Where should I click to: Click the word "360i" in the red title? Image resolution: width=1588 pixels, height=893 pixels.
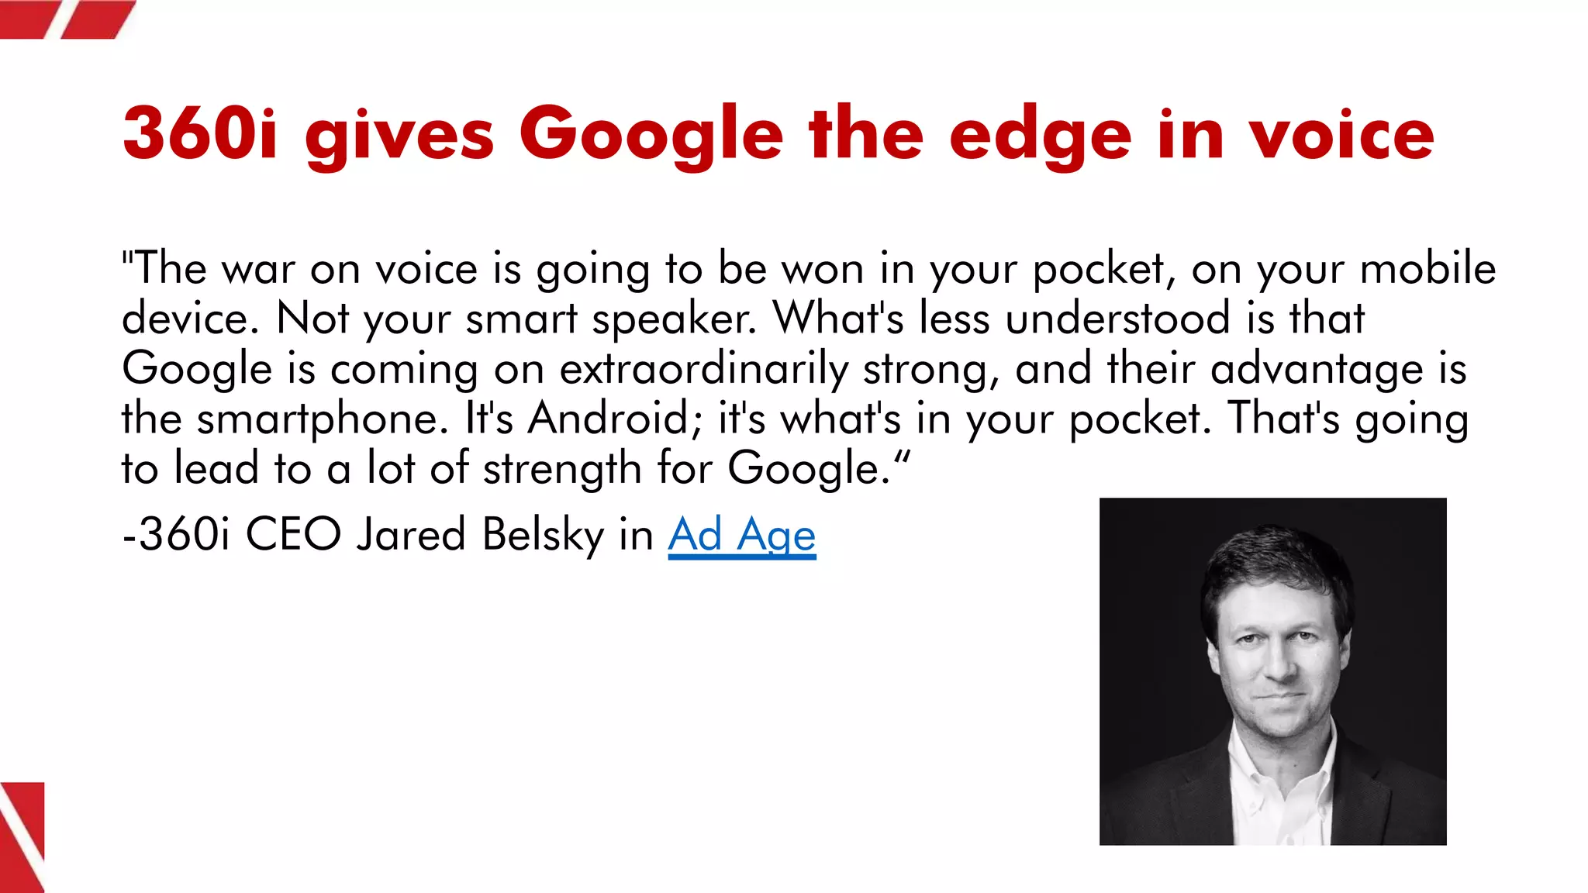click(x=200, y=133)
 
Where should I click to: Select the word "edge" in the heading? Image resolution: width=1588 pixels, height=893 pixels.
click(x=1041, y=136)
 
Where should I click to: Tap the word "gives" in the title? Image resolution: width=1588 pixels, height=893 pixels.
click(x=399, y=136)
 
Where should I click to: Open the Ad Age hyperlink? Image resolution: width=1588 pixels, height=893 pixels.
click(x=742, y=535)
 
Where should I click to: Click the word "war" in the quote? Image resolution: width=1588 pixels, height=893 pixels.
click(x=258, y=270)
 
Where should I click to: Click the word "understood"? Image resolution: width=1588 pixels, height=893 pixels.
click(x=1118, y=318)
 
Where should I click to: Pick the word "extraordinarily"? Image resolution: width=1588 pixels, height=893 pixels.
click(x=704, y=369)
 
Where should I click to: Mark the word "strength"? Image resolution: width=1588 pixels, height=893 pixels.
click(x=561, y=469)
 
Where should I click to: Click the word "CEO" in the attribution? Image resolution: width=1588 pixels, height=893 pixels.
click(x=293, y=534)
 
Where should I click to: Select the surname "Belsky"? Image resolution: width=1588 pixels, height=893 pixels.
click(x=542, y=535)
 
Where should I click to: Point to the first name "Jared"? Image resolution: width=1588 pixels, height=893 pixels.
click(x=410, y=534)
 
